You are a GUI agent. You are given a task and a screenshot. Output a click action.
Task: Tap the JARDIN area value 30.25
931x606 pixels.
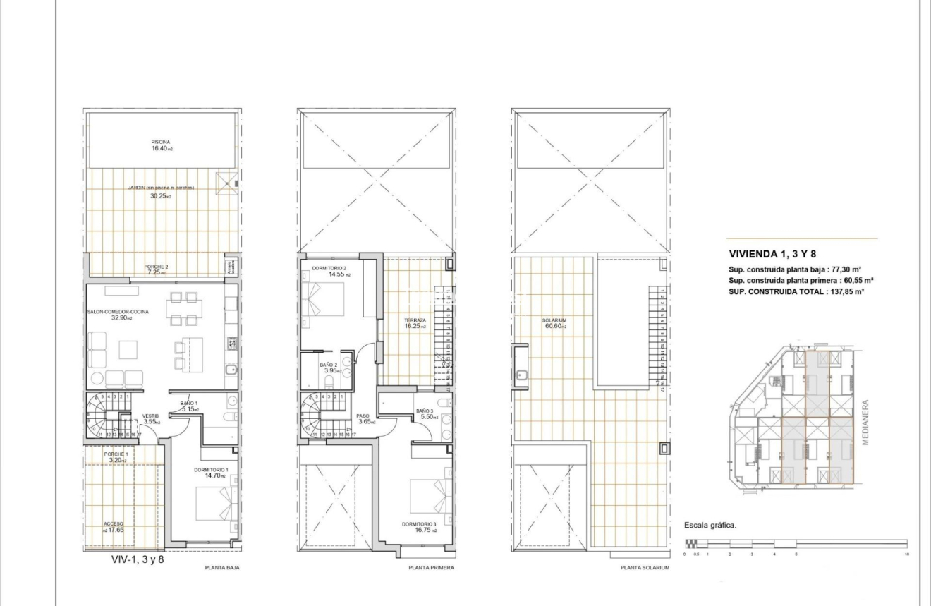click(160, 196)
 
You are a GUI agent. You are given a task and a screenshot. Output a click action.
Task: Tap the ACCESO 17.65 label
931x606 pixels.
click(114, 526)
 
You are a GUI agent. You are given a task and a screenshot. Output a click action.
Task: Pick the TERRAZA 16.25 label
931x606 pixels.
click(415, 322)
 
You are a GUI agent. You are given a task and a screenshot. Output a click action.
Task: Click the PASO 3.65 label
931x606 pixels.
click(363, 418)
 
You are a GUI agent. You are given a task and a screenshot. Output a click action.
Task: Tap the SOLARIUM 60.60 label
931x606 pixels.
click(554, 323)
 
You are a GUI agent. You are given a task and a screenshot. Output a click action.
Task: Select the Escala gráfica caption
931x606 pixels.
click(710, 526)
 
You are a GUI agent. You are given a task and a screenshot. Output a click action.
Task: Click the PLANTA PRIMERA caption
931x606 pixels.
click(431, 567)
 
